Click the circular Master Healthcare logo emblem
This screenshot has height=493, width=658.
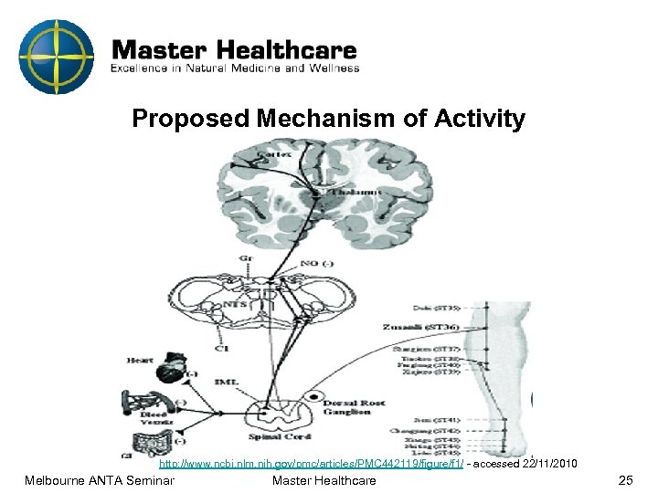pyautogui.click(x=57, y=57)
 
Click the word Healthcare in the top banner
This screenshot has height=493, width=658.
pyautogui.click(x=292, y=49)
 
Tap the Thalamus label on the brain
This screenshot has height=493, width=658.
pyautogui.click(x=339, y=194)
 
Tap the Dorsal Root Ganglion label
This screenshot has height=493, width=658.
pyautogui.click(x=354, y=407)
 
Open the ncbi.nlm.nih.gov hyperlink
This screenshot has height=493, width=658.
pyautogui.click(x=312, y=465)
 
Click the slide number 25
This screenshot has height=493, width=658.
pyautogui.click(x=625, y=480)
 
